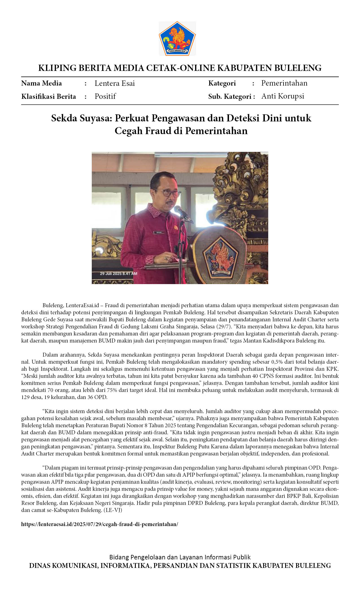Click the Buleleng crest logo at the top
(x=177, y=38)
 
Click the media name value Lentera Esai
(x=115, y=83)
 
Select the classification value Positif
(x=105, y=96)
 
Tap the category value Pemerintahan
(x=284, y=83)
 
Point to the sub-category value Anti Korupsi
(x=283, y=96)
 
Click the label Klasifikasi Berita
(x=49, y=97)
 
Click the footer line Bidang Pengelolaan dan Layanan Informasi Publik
(x=180, y=557)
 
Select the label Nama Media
(x=42, y=83)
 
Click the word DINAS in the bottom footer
(x=39, y=566)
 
